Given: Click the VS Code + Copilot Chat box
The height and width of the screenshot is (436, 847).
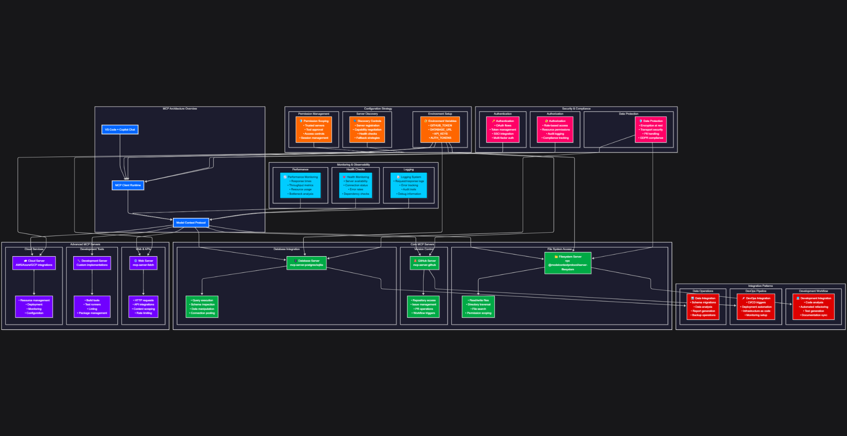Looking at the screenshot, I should [120, 129].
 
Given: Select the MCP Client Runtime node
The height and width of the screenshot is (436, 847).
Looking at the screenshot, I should [128, 185].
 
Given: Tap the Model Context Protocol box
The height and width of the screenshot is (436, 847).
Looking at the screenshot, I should [191, 223].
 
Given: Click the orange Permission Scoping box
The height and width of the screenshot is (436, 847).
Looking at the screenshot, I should [314, 129].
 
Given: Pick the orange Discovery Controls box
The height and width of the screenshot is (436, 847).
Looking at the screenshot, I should [367, 129].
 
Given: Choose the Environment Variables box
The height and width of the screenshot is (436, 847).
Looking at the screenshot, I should [440, 129].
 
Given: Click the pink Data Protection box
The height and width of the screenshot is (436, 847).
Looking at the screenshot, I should [651, 129].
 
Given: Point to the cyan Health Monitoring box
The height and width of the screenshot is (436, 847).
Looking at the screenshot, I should [356, 185].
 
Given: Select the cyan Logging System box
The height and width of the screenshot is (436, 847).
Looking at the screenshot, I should [409, 185].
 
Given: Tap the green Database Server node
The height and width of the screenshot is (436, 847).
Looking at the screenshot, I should [306, 263].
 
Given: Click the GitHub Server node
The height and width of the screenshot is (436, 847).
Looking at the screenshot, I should [424, 263].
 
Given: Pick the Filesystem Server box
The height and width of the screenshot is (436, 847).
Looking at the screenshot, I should [568, 263].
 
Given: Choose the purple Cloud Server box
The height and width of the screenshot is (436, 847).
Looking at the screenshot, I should [34, 263].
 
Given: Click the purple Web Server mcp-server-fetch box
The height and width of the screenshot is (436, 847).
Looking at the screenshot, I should [143, 263].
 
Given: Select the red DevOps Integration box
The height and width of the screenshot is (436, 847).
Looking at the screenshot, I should [756, 307].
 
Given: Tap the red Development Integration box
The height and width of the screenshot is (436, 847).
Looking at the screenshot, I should [814, 307].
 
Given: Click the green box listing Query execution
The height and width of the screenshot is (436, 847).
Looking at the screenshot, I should [202, 307].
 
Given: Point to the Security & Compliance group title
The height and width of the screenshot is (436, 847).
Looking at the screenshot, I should [576, 109].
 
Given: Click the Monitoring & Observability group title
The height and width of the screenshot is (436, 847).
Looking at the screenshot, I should [353, 164].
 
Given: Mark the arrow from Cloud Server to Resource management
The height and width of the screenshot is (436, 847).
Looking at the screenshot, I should [34, 283].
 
